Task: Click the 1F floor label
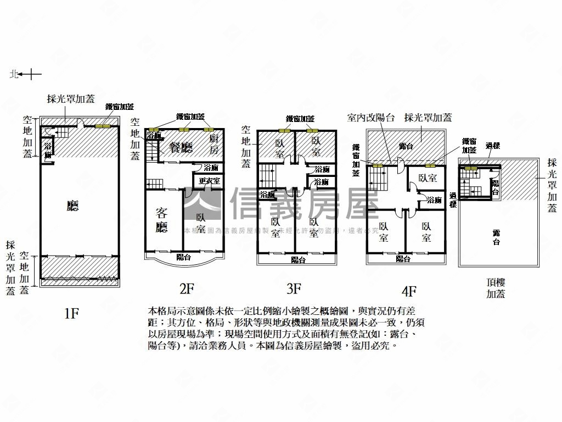(x=72, y=313)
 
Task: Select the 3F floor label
(x=294, y=287)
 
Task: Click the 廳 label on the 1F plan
(x=72, y=206)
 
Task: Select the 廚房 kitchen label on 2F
(x=214, y=146)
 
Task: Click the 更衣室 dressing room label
(x=209, y=180)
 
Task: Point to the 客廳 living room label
(x=161, y=220)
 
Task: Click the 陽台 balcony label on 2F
(x=183, y=257)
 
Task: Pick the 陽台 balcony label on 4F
(x=403, y=259)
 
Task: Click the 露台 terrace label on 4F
(x=406, y=146)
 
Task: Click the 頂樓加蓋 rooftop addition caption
(x=495, y=288)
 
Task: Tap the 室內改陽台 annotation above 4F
(x=371, y=117)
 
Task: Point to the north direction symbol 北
(x=14, y=74)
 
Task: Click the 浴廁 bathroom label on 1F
(x=48, y=151)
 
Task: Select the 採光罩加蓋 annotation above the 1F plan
(x=71, y=99)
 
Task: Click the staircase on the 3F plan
(x=269, y=176)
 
